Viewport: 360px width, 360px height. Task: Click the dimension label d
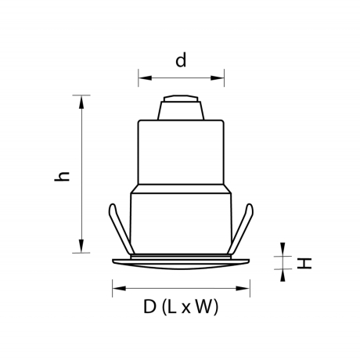click(181, 61)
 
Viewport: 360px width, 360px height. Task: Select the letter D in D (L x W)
click(149, 308)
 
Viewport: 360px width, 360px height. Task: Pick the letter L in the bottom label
click(171, 308)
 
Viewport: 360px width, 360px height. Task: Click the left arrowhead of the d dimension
click(142, 77)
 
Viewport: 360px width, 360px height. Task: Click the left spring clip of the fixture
click(117, 227)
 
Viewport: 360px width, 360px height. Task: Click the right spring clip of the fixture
click(244, 227)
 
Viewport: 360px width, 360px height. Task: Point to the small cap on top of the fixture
click(181, 108)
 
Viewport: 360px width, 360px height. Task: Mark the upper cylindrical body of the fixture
click(181, 153)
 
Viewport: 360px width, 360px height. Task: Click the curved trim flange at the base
click(181, 262)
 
